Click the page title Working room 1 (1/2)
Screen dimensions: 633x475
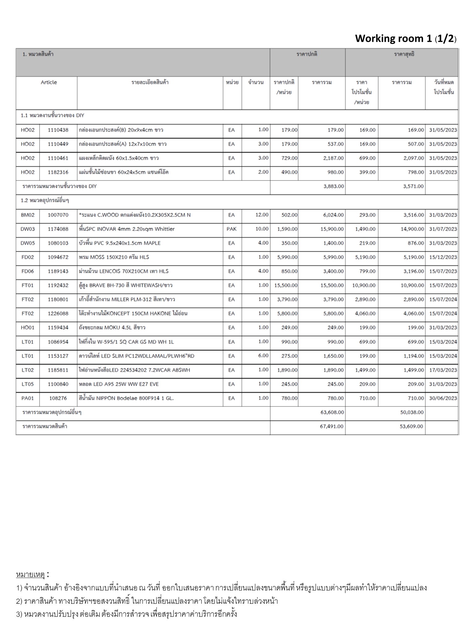(405, 39)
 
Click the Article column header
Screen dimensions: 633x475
(49, 82)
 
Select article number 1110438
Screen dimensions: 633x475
(58, 130)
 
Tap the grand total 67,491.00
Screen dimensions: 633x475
(331, 426)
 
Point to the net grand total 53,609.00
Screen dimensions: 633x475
(411, 426)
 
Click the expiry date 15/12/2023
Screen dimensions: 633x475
(443, 257)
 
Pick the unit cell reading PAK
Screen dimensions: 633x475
(231, 229)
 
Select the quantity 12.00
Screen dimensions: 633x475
(262, 215)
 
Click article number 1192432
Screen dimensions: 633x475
(58, 285)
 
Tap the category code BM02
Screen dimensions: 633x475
(28, 215)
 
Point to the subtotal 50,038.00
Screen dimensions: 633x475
(412, 412)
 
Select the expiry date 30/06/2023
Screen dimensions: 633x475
(443, 398)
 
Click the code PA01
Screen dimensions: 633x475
(28, 398)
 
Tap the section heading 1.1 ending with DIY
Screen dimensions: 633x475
(53, 116)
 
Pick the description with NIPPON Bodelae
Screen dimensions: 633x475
(126, 398)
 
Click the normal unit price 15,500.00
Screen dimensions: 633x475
(286, 285)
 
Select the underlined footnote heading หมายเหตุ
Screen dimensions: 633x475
(30, 575)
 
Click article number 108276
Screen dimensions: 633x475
(58, 398)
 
